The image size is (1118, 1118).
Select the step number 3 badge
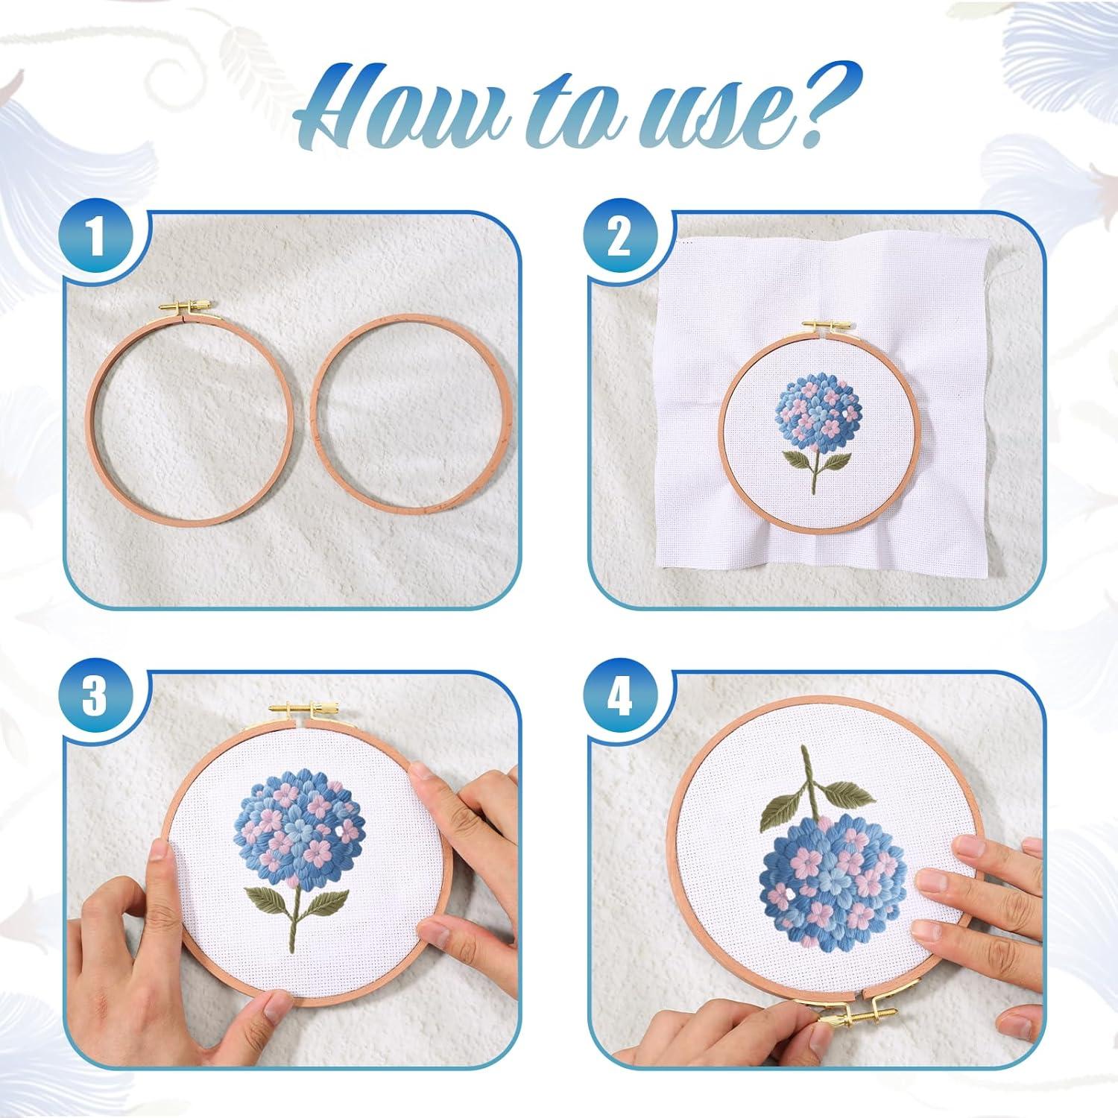click(95, 699)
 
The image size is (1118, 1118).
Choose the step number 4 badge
click(619, 699)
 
